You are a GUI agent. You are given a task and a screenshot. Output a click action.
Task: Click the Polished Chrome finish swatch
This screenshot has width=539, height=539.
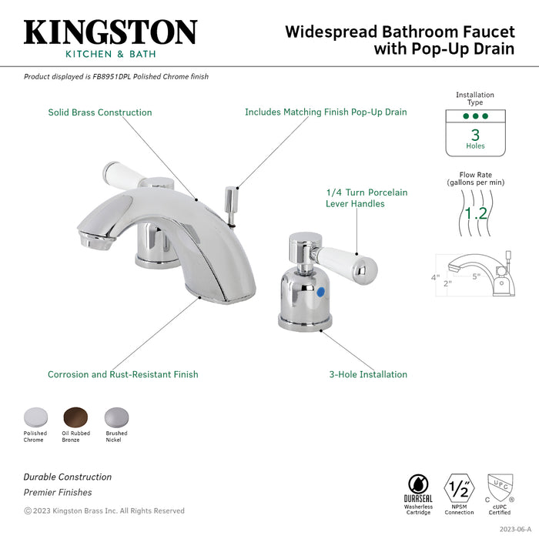click(x=35, y=416)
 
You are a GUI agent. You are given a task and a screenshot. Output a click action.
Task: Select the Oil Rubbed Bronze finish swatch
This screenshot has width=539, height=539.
click(x=75, y=416)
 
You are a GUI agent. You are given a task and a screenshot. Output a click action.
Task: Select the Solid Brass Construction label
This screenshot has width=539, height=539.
click(x=100, y=112)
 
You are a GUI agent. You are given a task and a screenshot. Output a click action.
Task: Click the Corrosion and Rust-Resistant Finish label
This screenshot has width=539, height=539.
click(x=122, y=375)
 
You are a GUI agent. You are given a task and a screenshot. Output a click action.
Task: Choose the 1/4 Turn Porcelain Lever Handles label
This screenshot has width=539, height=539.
click(x=366, y=198)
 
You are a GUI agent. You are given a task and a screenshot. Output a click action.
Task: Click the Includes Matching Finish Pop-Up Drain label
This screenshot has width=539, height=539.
click(x=326, y=112)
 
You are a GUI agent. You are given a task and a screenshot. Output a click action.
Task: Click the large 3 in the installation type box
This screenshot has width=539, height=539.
click(x=475, y=134)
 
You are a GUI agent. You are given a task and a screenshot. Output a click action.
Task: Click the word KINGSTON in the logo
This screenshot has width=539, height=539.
click(x=110, y=32)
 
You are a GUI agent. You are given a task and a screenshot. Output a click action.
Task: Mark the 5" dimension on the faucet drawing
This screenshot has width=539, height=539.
click(x=477, y=276)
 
